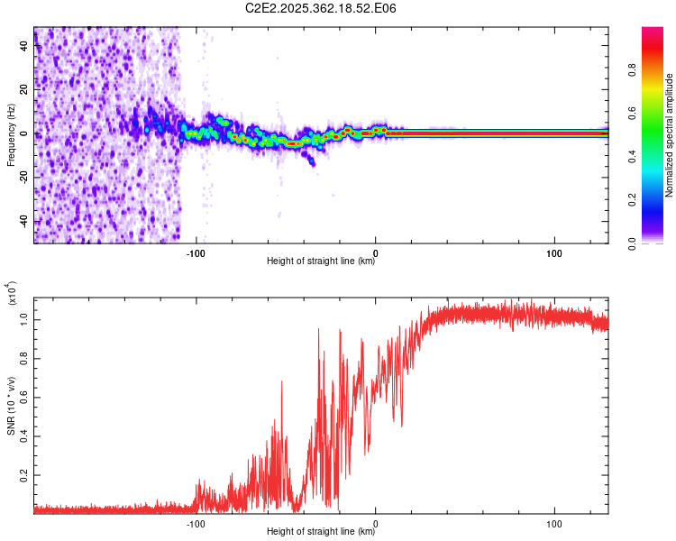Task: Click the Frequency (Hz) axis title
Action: [x=11, y=135]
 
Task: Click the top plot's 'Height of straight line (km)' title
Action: [x=321, y=261]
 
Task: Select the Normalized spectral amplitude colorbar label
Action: [x=670, y=135]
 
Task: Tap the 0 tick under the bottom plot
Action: [x=375, y=522]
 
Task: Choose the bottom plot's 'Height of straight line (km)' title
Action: [x=321, y=532]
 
